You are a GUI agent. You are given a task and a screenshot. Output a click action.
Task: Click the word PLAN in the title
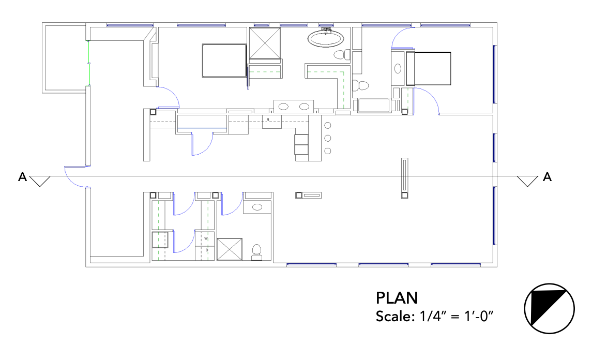tap(397, 298)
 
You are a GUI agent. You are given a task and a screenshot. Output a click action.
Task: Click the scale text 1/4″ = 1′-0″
tap(457, 316)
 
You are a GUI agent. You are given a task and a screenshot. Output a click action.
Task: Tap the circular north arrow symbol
tap(549, 309)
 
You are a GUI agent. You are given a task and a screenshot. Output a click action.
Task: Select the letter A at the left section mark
tap(23, 177)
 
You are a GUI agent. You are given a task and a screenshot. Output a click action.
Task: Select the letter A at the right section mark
tap(547, 177)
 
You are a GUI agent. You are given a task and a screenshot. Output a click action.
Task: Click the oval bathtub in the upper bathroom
tap(326, 38)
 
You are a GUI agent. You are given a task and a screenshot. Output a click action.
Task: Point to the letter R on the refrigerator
tap(268, 120)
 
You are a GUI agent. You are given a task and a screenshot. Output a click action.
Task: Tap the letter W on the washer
tap(206, 238)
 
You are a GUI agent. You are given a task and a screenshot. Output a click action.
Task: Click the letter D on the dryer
tap(207, 250)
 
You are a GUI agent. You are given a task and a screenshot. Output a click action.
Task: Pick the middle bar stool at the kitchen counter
tap(328, 138)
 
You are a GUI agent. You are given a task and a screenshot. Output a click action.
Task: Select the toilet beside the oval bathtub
tap(342, 55)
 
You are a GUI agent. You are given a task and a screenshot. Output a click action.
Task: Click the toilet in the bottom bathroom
tap(257, 252)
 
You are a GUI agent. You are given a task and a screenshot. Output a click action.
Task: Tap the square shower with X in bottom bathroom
tap(230, 249)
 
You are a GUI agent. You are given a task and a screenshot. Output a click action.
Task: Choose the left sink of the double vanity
tap(283, 107)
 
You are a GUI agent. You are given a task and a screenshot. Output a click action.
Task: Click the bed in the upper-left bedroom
tap(224, 61)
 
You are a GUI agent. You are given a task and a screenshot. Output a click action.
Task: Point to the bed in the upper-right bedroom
tap(429, 68)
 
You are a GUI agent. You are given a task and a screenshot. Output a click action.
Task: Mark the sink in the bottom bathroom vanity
tap(257, 207)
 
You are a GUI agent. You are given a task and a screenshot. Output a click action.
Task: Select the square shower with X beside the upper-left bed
tap(265, 43)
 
